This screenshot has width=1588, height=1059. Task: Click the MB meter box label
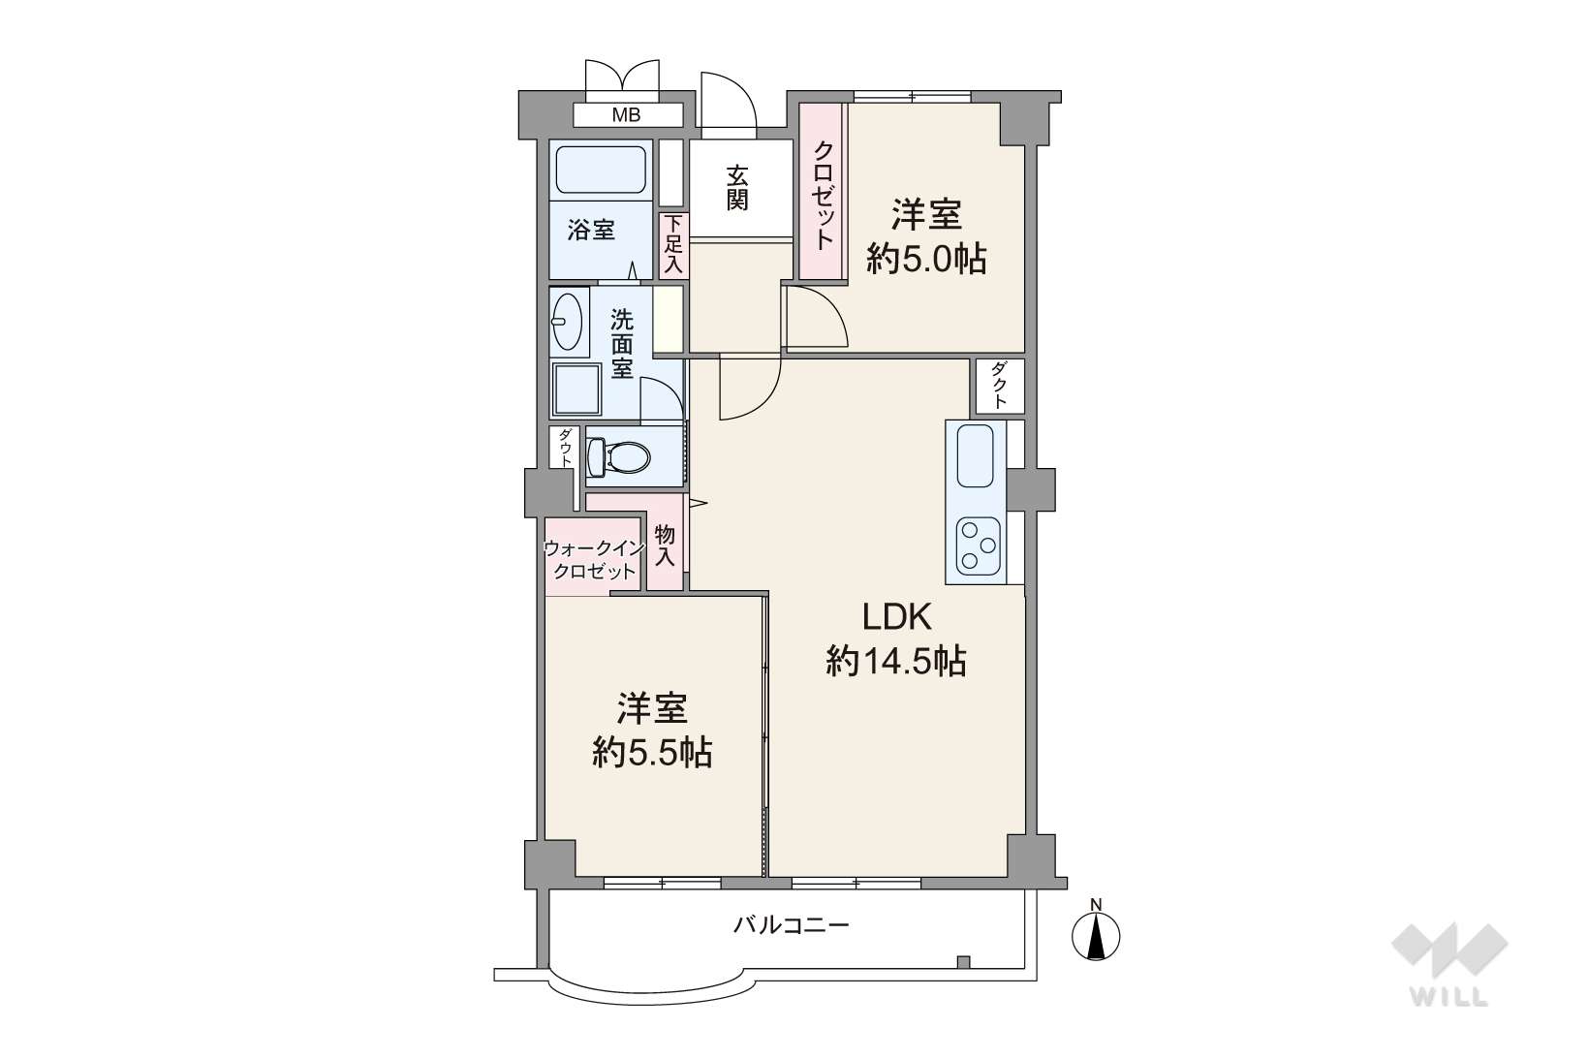click(626, 115)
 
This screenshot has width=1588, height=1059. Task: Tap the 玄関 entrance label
click(736, 188)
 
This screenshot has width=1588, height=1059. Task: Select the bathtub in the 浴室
click(601, 170)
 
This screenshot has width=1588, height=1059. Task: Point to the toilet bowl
click(618, 456)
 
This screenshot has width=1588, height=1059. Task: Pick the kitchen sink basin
click(975, 455)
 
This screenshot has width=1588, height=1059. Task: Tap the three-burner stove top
click(978, 545)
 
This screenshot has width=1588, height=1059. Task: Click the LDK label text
click(896, 617)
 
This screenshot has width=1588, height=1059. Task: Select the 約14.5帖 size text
click(896, 662)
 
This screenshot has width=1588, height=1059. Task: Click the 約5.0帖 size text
click(926, 260)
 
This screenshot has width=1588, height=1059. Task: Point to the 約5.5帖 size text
click(652, 754)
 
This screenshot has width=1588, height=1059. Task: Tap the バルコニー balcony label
click(792, 925)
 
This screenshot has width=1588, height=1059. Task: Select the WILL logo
click(1449, 964)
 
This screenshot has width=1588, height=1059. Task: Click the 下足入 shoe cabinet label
click(672, 244)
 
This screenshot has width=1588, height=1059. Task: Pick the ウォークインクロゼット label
click(594, 560)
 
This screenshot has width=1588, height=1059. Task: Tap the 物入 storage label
click(665, 545)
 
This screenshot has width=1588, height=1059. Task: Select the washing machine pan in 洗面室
click(577, 389)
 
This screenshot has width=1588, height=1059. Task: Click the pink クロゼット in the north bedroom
click(821, 192)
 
